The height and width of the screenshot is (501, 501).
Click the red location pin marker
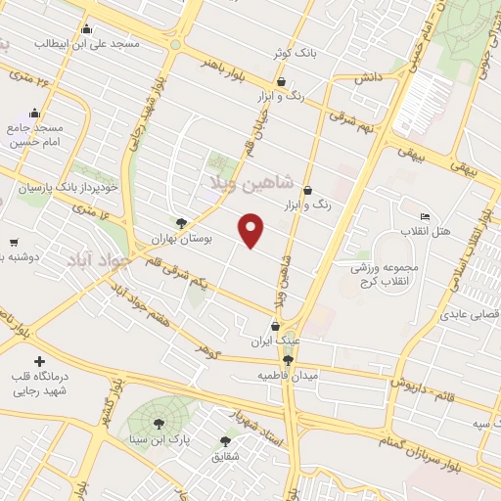252,230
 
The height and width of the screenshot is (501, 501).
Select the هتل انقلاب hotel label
424,230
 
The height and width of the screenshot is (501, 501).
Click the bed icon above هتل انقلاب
424,216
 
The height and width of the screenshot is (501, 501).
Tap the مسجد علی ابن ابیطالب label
87,44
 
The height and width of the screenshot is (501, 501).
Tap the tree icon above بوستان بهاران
179,223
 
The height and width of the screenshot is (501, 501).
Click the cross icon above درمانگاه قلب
39,362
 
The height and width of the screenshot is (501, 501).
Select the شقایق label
226,455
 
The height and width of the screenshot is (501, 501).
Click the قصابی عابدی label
470,315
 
